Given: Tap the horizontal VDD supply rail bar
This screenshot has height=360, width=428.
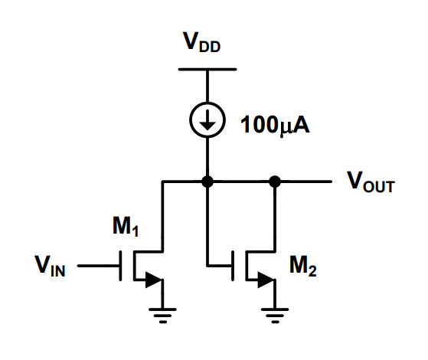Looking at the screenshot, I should click(206, 70).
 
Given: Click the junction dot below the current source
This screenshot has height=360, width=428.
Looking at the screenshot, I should click(206, 182).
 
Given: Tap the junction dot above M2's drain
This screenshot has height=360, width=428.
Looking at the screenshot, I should click(274, 182).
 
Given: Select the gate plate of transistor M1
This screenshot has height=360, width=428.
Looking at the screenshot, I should click(123, 267).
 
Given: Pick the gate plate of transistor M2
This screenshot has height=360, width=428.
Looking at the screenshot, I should click(235, 267).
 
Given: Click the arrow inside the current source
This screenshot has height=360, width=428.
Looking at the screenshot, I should click(206, 119).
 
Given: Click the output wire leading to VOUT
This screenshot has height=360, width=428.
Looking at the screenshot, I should click(306, 182).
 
